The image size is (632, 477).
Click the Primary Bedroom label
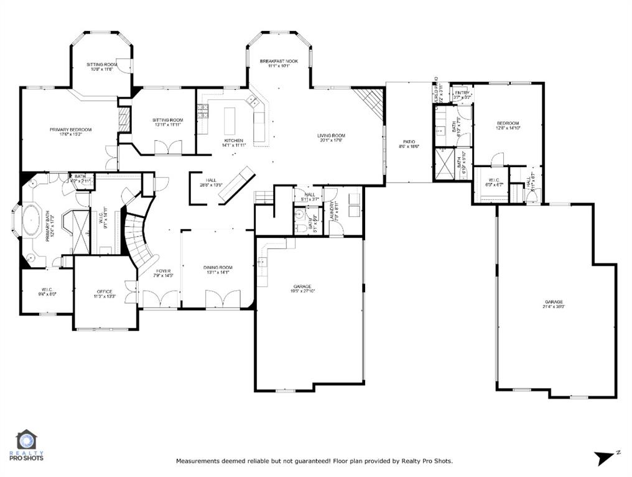point(71,130)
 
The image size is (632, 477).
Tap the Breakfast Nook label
point(279,61)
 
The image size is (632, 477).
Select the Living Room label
point(331,135)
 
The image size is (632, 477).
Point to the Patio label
point(409,142)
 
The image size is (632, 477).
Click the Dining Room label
point(217,268)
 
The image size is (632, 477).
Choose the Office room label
point(104,291)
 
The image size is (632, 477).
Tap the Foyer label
point(163,271)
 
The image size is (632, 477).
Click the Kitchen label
point(234,140)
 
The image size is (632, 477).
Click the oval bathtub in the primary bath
point(31,220)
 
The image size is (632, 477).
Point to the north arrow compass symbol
point(604,458)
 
